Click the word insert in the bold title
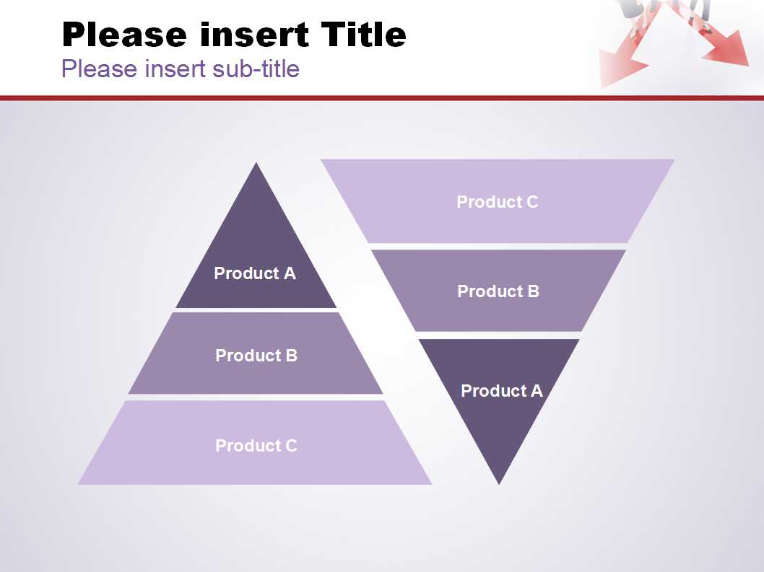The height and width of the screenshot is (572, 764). coord(254,35)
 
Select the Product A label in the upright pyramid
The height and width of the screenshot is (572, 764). coord(255,273)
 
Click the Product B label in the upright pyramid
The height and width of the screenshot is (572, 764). coord(256,356)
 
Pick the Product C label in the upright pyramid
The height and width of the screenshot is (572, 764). coord(256,446)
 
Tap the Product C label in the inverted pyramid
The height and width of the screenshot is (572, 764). coord(498,201)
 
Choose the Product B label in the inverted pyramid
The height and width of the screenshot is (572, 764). coord(498,291)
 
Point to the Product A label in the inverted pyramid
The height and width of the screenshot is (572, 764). coord(502,390)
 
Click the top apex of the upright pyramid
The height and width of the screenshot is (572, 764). coord(256,163)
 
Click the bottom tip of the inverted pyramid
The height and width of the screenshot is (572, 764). coord(499,485)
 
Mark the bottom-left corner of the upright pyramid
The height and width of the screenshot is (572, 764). coord(79,484)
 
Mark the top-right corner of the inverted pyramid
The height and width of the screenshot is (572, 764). coord(675,159)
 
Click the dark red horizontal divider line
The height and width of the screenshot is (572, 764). coord(382,98)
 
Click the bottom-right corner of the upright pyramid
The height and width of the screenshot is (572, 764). coord(432,484)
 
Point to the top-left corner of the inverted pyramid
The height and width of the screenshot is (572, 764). coord(321,159)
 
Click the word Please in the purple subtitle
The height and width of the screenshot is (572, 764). coord(100,69)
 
